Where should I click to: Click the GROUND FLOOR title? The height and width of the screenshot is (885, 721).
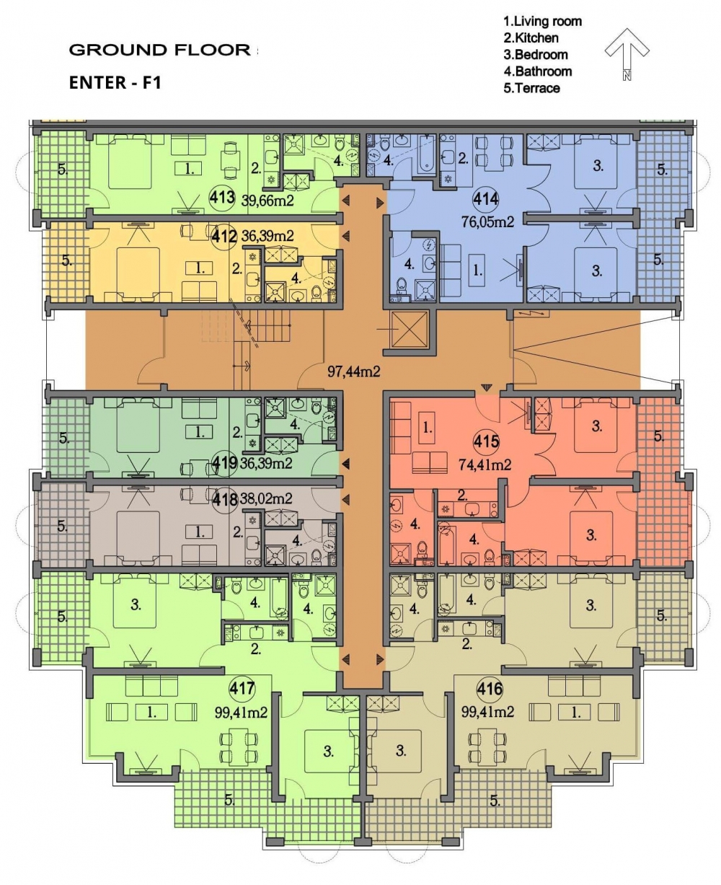(x=160, y=50)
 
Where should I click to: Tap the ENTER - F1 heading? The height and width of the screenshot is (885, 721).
(x=115, y=83)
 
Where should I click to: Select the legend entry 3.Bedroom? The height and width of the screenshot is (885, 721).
(x=536, y=54)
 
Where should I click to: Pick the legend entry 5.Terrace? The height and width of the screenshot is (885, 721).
(x=531, y=88)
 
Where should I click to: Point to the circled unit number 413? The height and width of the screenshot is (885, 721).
(x=222, y=197)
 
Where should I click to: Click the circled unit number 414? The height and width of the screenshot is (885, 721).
(x=485, y=200)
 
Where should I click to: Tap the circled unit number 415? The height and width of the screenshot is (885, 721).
(x=487, y=441)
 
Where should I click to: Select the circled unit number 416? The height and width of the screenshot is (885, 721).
(x=490, y=690)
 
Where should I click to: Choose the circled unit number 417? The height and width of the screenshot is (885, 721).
(x=242, y=689)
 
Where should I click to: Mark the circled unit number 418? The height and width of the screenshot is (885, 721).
(x=225, y=499)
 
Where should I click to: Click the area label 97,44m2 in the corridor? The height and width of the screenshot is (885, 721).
(x=354, y=371)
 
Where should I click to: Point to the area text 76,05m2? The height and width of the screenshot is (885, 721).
(x=487, y=222)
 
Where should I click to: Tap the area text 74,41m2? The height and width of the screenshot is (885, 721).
(x=485, y=464)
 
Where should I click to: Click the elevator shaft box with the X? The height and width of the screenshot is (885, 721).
(x=410, y=329)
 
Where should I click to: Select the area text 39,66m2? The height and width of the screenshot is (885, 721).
(x=267, y=201)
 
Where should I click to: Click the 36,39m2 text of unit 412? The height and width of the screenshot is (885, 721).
(x=267, y=236)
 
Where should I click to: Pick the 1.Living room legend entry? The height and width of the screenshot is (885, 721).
(x=542, y=21)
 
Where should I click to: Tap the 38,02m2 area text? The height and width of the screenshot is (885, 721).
(x=266, y=498)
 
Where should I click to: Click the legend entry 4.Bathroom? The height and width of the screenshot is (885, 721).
(x=538, y=71)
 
